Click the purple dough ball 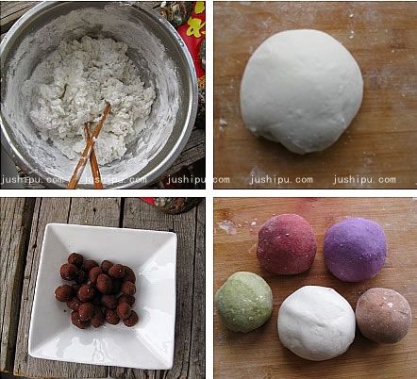coord(355,249)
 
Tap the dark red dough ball coord(287,244)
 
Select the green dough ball coord(244,302)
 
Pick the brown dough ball coord(384,315)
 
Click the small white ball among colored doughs coord(316,322)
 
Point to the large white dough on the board coord(302,91)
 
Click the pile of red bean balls coord(96,290)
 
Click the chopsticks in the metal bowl coord(90,146)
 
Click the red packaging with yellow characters coord(192,35)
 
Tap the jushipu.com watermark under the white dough coord(281,180)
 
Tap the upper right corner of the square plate coord(176,234)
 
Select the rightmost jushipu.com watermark coord(364,180)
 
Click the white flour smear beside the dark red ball coord(228,227)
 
